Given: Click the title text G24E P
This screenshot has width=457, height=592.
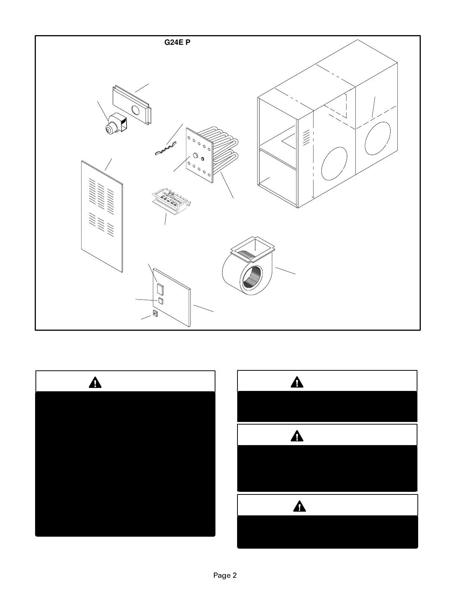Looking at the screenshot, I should click(x=177, y=43).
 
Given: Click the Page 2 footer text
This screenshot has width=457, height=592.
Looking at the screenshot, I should click(x=225, y=575).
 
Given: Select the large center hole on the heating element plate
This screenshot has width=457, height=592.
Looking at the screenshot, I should click(x=195, y=155).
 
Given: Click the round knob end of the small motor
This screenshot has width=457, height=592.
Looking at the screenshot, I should click(x=109, y=130).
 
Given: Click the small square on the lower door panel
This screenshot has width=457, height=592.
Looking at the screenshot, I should click(x=161, y=301).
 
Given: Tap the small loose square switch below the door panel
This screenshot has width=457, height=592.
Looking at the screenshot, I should click(x=155, y=314).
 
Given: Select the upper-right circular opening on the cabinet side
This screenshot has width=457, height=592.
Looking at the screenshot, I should click(x=377, y=138).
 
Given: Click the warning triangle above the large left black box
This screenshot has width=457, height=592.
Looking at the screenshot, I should click(x=95, y=383).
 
